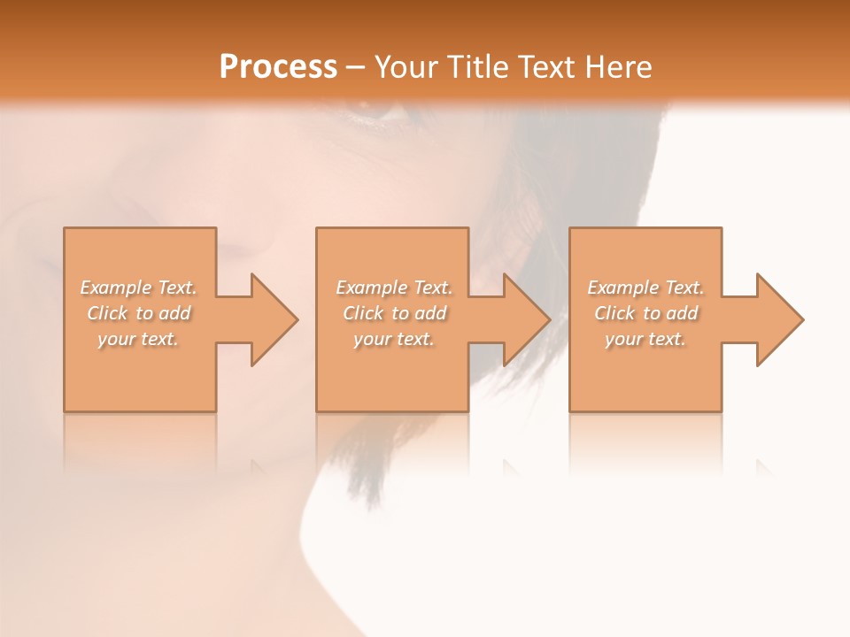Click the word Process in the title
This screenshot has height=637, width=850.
(278, 67)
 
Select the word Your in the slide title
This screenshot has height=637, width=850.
(406, 67)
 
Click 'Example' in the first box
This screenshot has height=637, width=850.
(115, 288)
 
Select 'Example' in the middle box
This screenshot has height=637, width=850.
(371, 288)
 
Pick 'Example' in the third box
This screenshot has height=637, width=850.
(622, 288)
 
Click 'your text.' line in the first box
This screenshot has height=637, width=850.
(138, 339)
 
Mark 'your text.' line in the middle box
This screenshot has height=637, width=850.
(394, 339)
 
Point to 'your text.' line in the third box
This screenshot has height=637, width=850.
(645, 339)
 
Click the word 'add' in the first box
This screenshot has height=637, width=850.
(174, 313)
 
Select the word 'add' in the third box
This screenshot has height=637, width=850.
(682, 313)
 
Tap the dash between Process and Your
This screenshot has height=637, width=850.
(355, 67)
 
